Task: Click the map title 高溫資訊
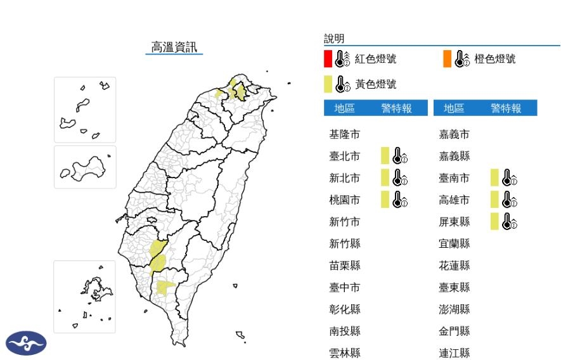click(x=174, y=47)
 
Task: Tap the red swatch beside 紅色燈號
click(x=328, y=59)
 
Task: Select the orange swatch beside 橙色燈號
click(x=447, y=59)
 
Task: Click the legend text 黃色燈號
click(x=375, y=84)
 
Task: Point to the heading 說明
click(x=334, y=39)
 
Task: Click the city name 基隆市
click(x=345, y=134)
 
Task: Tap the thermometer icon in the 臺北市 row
click(x=399, y=156)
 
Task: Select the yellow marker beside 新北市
click(x=384, y=178)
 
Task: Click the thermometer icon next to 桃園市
click(x=399, y=200)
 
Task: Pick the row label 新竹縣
click(x=345, y=243)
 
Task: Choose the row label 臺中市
click(x=345, y=287)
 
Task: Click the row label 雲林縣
click(x=345, y=353)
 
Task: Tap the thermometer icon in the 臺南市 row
click(x=509, y=178)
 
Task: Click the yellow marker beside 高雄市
click(x=494, y=200)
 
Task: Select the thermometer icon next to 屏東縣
click(x=509, y=221)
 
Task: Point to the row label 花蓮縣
click(x=455, y=266)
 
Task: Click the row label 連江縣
click(x=455, y=353)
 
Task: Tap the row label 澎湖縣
click(x=455, y=309)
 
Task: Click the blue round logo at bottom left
click(x=26, y=343)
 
